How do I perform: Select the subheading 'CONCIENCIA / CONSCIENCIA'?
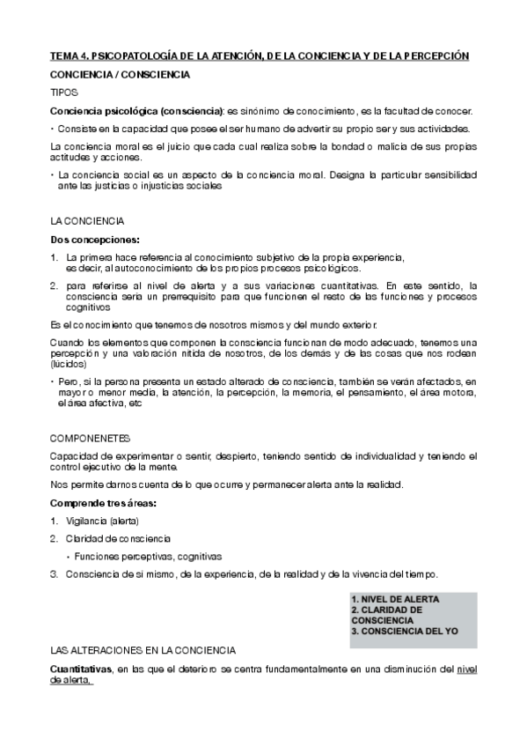[120, 75]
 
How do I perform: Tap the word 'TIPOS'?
[64, 92]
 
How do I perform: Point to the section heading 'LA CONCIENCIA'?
[87, 220]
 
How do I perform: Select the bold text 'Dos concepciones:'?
[95, 239]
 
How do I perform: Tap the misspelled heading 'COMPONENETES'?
[91, 437]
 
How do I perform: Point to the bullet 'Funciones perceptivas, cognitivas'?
[148, 557]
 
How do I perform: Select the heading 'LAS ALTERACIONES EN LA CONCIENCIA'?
[143, 650]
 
